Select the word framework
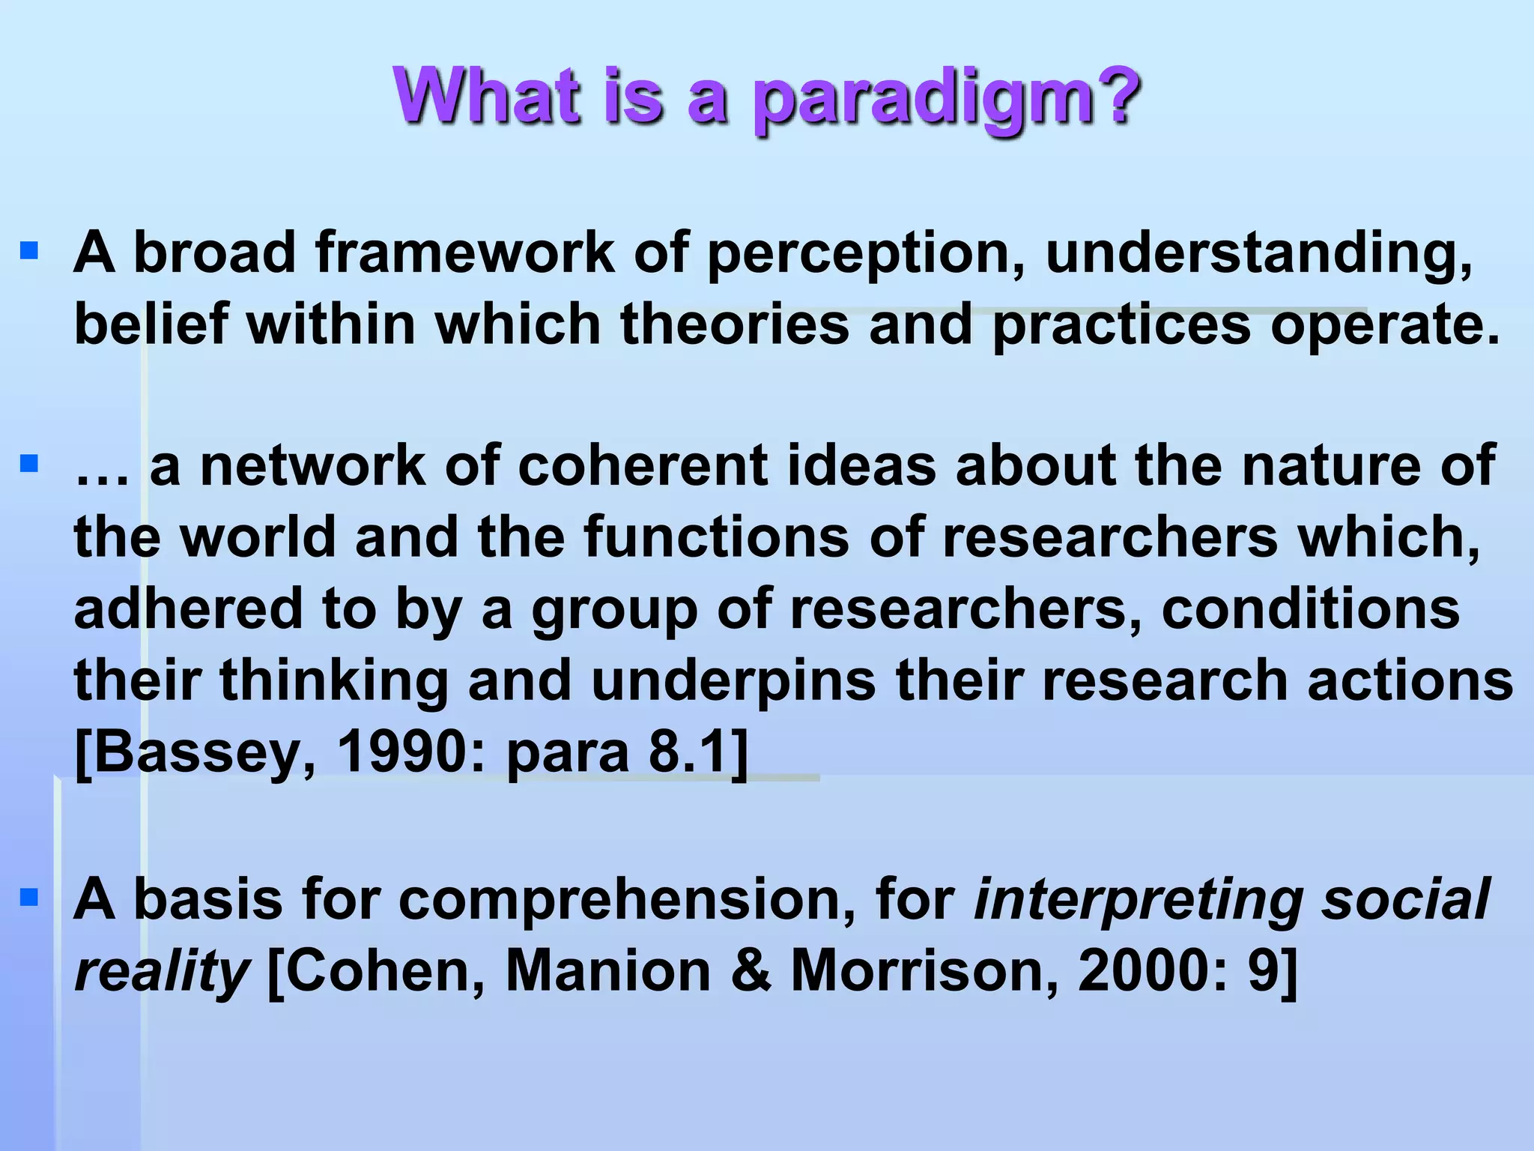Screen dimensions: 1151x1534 pyautogui.click(x=464, y=253)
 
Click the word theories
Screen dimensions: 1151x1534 pyautogui.click(x=735, y=325)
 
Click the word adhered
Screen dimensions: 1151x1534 pyautogui.click(x=188, y=608)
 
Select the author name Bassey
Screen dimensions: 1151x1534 pyautogui.click(x=195, y=753)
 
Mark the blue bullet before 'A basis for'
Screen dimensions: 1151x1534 pyautogui.click(x=29, y=897)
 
